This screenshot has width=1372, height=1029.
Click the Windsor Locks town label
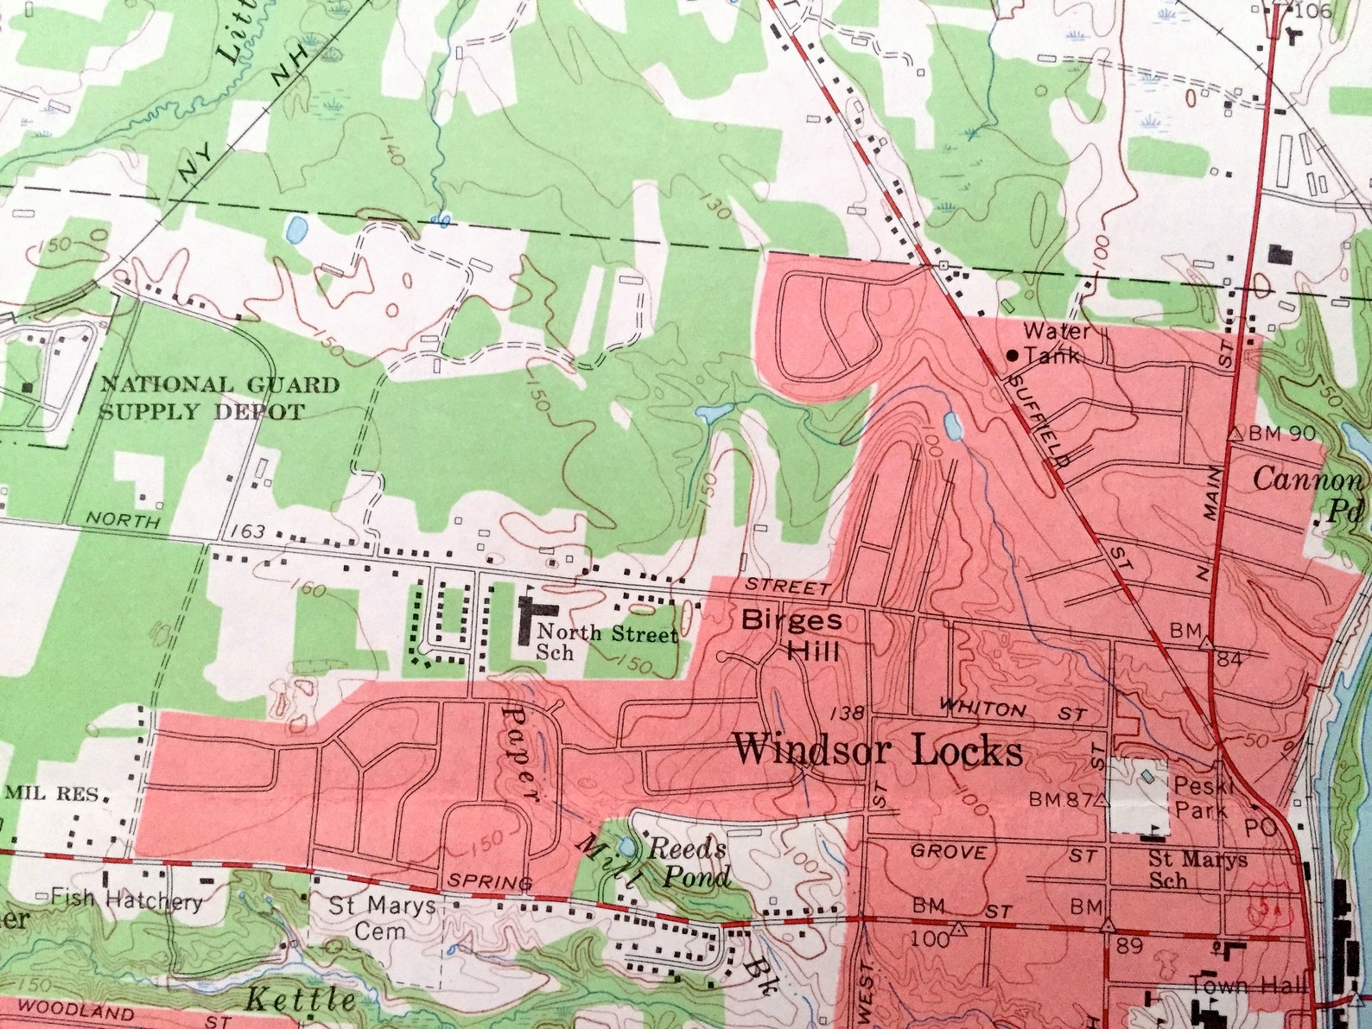click(x=877, y=750)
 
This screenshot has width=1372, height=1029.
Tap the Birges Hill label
click(x=792, y=633)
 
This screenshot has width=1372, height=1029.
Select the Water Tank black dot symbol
click(x=1013, y=354)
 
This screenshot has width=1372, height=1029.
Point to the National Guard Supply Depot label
click(x=218, y=397)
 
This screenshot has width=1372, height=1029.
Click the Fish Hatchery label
click(x=126, y=900)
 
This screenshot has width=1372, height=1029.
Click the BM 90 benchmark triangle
click(x=1235, y=433)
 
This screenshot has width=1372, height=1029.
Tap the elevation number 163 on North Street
click(x=248, y=531)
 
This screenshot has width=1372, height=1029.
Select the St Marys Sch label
click(x=1197, y=869)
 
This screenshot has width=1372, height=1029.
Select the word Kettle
click(x=300, y=1000)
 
